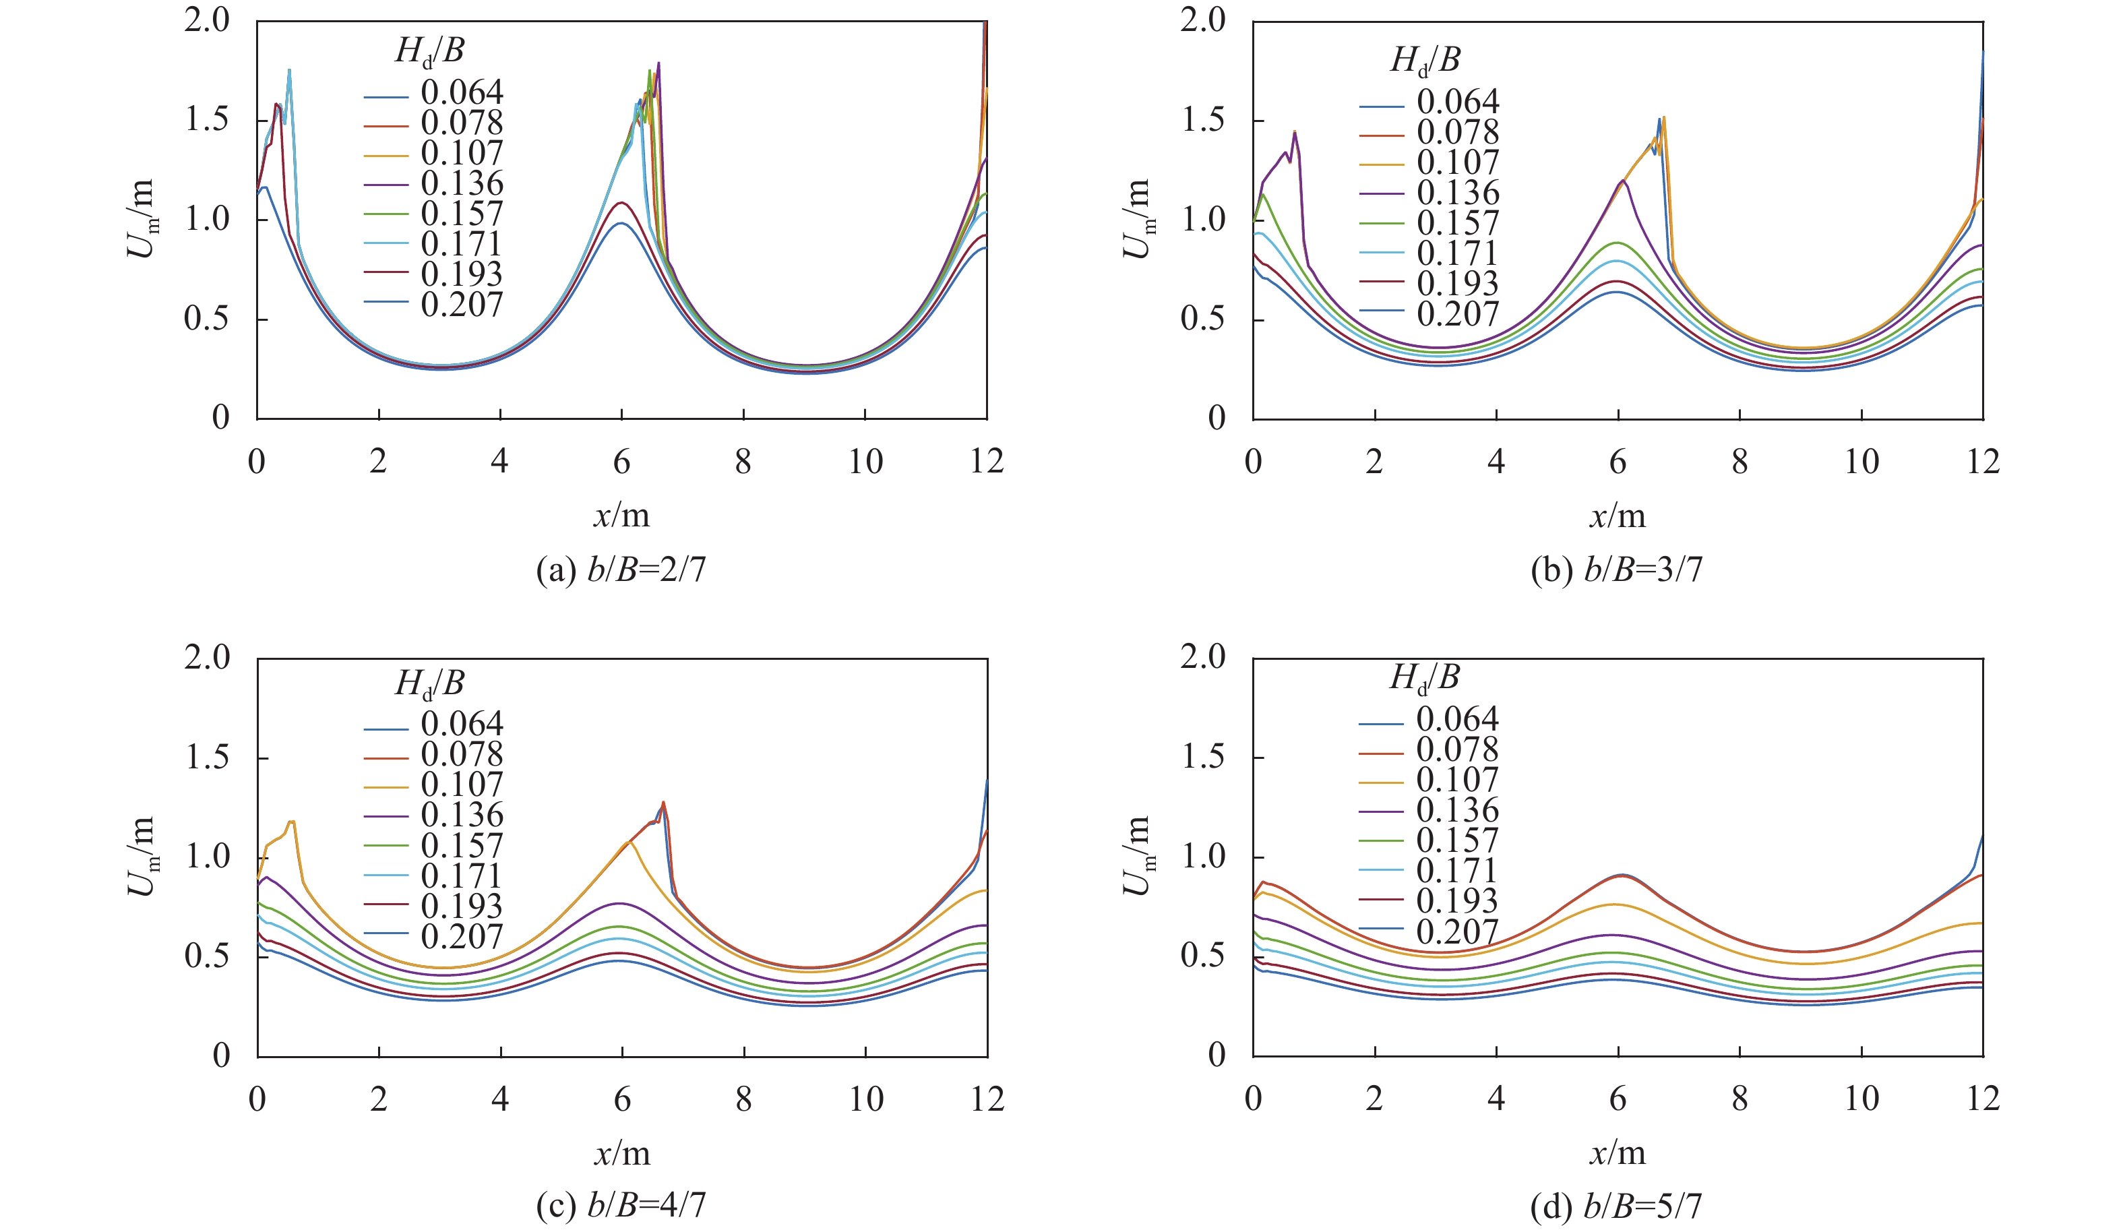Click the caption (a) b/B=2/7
[x=621, y=570]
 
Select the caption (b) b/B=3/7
[x=1616, y=570]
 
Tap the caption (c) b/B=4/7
[x=621, y=1206]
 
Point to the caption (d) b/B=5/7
[x=1616, y=1206]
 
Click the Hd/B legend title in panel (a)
[x=430, y=53]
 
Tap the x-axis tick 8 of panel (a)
[x=743, y=462]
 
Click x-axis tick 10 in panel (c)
[x=865, y=1099]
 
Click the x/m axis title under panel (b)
[x=1617, y=516]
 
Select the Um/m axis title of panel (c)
[x=142, y=856]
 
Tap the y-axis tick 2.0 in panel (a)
[x=208, y=20]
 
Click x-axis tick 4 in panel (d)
[x=1496, y=1099]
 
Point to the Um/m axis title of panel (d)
[x=1138, y=856]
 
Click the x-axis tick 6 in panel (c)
[x=621, y=1099]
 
